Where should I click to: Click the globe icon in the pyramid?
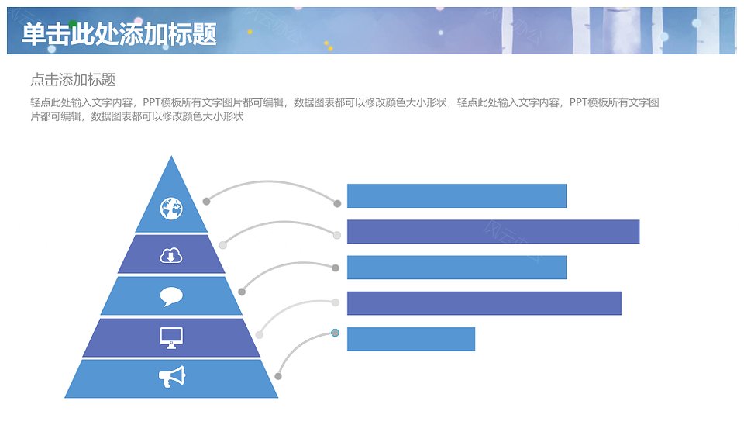(171, 209)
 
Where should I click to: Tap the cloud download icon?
(171, 255)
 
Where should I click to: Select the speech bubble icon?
(171, 297)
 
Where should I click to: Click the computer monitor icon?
(171, 338)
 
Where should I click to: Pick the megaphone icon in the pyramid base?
(172, 377)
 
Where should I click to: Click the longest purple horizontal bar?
(494, 232)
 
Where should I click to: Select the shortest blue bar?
(411, 339)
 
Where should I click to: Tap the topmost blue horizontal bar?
(457, 195)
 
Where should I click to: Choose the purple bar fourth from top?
(484, 303)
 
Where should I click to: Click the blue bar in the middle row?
(457, 268)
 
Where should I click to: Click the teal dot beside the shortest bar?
(335, 333)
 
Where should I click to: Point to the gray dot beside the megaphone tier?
(278, 377)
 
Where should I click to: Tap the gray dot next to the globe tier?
(206, 202)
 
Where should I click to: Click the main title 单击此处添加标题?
(119, 34)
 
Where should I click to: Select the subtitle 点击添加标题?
(73, 80)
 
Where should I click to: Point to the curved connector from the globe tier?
(270, 182)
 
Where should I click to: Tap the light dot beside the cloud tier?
(222, 245)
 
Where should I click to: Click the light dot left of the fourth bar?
(336, 302)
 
